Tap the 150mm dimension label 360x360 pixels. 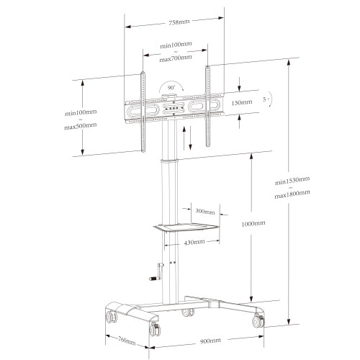(242, 103)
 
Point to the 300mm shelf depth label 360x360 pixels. (204, 212)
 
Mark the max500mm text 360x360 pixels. (81, 126)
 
